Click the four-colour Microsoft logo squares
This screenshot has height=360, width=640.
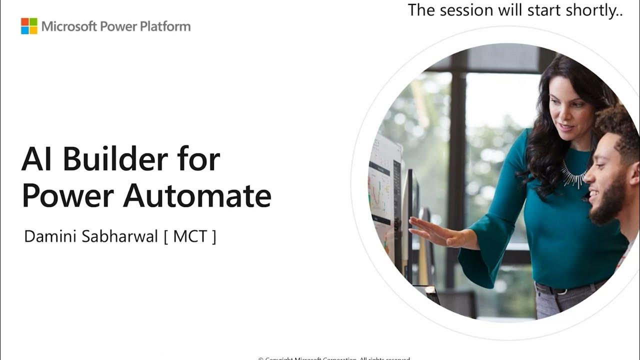(x=29, y=26)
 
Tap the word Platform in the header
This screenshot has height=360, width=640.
(x=165, y=26)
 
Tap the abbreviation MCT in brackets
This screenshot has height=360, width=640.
(x=190, y=236)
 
